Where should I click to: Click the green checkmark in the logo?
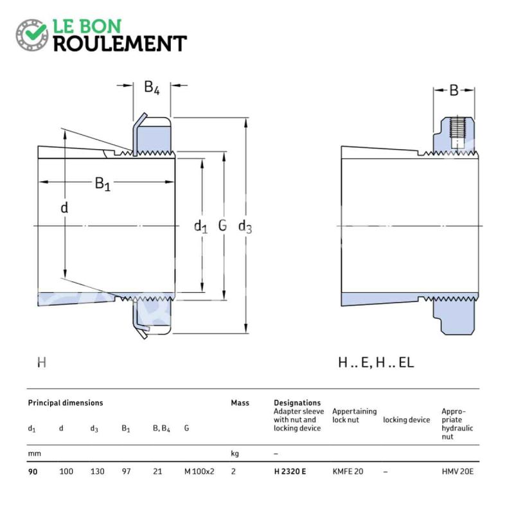click(x=35, y=32)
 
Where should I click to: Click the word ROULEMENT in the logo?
click(x=120, y=44)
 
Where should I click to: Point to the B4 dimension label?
click(x=152, y=87)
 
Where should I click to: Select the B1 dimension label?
click(x=103, y=184)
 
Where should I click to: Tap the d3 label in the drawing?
click(x=245, y=227)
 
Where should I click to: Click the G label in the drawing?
click(x=222, y=226)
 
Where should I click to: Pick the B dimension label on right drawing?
click(x=454, y=91)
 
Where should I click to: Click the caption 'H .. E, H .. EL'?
click(x=376, y=362)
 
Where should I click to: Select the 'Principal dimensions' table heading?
click(x=66, y=403)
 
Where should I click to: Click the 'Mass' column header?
click(x=240, y=403)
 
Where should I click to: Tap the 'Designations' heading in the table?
click(x=297, y=403)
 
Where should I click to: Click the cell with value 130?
click(x=98, y=472)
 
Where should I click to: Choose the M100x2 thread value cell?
click(x=199, y=472)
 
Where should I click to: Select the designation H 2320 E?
click(x=290, y=472)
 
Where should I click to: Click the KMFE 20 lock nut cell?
click(x=348, y=472)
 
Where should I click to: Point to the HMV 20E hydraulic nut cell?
click(x=457, y=472)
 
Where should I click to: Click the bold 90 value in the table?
click(x=33, y=472)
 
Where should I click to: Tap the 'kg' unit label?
click(x=235, y=454)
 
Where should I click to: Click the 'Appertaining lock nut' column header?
click(x=355, y=416)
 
